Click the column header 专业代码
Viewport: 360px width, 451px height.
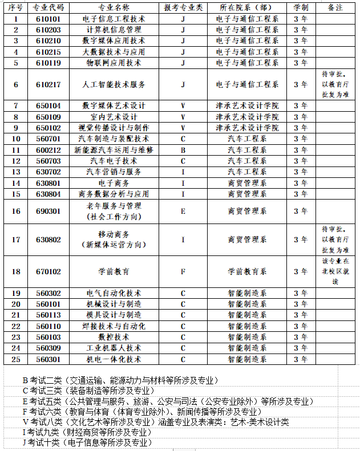pyautogui.click(x=48, y=7)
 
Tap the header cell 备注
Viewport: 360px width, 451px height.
pyautogui.click(x=335, y=7)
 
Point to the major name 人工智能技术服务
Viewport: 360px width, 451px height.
pyautogui.click(x=114, y=84)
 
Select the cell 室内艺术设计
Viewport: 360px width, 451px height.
pyautogui.click(x=114, y=117)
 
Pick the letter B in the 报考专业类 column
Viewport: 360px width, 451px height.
pyautogui.click(x=183, y=150)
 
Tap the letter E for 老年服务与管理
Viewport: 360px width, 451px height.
pyautogui.click(x=183, y=211)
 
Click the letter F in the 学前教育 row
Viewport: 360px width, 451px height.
pyautogui.click(x=183, y=271)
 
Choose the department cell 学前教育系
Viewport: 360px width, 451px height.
pyautogui.click(x=247, y=271)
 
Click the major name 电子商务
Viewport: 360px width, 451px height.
pyautogui.click(x=114, y=183)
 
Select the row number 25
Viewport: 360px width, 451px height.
pyautogui.click(x=16, y=359)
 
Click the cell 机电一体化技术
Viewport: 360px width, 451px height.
pyautogui.click(x=114, y=359)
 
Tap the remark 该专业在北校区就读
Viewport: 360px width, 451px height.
pyautogui.click(x=335, y=271)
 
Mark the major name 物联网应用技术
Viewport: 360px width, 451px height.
pyautogui.click(x=114, y=63)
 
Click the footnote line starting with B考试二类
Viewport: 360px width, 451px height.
pyautogui.click(x=120, y=380)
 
